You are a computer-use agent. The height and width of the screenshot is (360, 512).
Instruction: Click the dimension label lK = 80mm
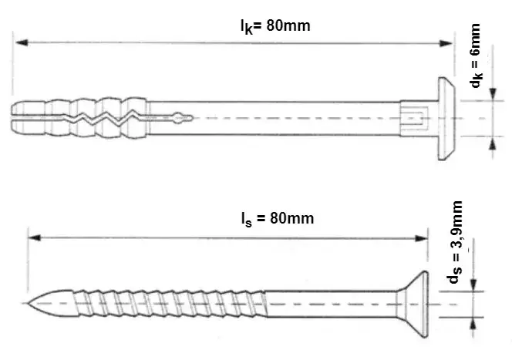pos(275,26)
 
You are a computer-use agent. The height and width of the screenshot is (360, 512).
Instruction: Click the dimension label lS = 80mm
pos(278,218)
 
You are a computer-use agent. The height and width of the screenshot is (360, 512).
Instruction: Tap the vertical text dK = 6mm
pos(476,56)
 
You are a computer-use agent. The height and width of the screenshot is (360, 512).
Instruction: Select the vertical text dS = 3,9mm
pos(455,242)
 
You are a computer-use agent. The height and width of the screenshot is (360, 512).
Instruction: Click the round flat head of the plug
pos(446,119)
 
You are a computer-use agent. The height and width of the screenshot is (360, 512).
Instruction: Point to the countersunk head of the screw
pos(412,304)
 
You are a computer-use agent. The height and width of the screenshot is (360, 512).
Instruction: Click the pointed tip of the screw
pos(27,304)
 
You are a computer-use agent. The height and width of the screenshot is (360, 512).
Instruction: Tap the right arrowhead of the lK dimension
pos(446,43)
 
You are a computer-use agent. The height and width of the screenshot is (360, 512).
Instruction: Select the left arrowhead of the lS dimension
pos(34,237)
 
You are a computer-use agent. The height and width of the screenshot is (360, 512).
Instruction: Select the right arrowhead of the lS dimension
pos(421,238)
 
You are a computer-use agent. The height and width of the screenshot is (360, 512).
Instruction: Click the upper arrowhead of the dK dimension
pos(493,94)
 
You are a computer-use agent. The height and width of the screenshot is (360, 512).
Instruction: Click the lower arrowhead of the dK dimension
pos(493,143)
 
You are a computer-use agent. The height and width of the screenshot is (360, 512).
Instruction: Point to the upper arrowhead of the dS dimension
pos(474,284)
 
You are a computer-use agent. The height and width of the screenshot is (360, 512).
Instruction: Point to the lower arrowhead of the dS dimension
pos(474,324)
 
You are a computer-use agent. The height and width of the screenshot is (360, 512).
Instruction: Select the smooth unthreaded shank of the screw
pos(331,304)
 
